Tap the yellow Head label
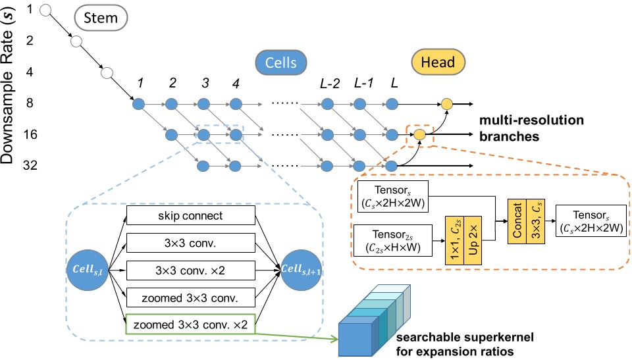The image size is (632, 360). pos(438,63)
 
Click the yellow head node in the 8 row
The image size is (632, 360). pos(446,103)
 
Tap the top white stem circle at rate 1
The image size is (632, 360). pos(46,10)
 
